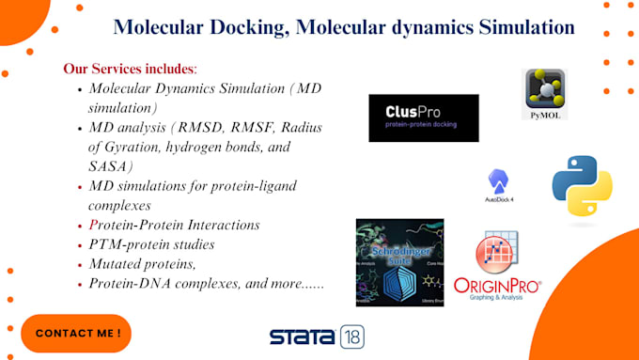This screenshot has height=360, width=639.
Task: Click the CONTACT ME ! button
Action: coord(77,334)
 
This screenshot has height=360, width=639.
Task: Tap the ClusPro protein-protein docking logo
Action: coord(423,117)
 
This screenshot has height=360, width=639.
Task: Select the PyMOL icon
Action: coord(544,94)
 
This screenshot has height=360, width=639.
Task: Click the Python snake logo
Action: coord(582,186)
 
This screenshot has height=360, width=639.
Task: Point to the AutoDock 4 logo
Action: coord(498,186)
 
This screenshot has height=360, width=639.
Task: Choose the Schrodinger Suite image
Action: coord(399,261)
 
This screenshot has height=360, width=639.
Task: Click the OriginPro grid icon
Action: coord(497,253)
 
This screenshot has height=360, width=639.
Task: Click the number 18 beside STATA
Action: coord(351,337)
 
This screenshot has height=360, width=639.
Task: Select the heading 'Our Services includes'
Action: coord(130,69)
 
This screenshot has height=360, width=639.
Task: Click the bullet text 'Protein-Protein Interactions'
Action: coord(174,225)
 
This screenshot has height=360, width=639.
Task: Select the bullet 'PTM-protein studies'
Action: coord(151,244)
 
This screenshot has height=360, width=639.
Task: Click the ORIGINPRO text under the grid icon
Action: coord(497,284)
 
